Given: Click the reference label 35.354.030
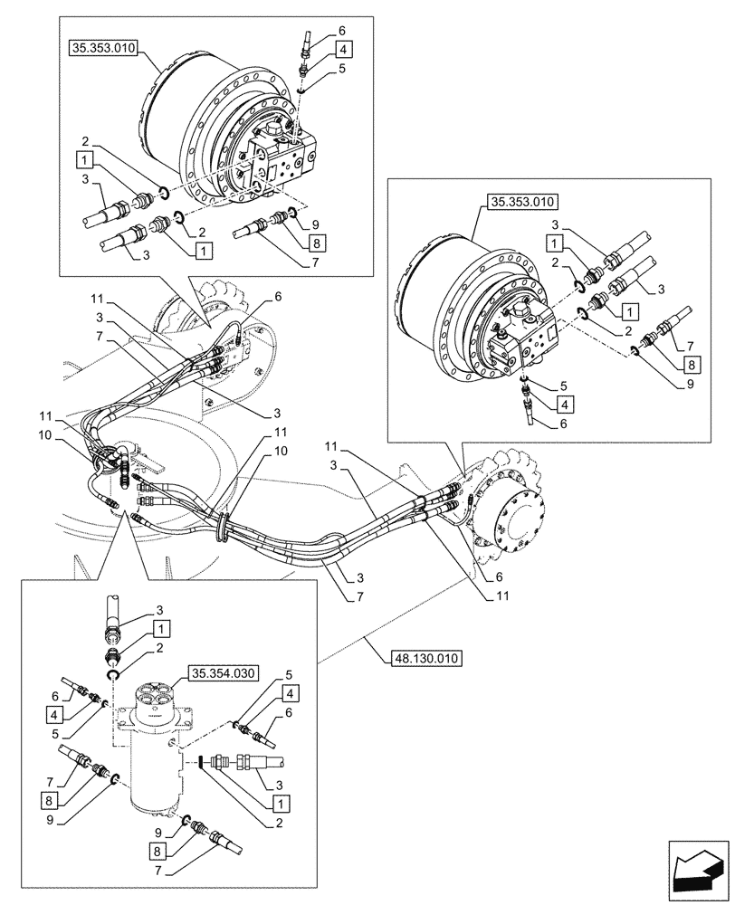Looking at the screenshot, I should [223, 672].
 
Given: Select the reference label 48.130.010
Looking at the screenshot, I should [425, 656].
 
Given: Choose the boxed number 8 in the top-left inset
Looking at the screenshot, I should [315, 243].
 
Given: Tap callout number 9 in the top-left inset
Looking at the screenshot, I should [315, 224].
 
